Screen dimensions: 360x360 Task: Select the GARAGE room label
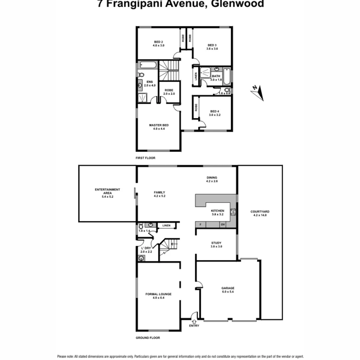click(228, 288)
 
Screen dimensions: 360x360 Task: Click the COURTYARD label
click(260, 212)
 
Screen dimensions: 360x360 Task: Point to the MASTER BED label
click(159, 125)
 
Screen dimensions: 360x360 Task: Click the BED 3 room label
click(212, 45)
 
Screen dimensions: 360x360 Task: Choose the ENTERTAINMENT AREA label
click(107, 190)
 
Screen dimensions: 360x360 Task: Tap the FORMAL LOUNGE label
click(158, 294)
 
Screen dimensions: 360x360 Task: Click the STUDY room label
click(216, 243)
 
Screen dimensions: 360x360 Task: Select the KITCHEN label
click(217, 211)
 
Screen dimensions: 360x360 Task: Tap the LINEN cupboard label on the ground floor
click(166, 226)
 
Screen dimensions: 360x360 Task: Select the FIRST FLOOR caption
click(145, 158)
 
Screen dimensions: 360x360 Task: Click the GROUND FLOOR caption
click(148, 338)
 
